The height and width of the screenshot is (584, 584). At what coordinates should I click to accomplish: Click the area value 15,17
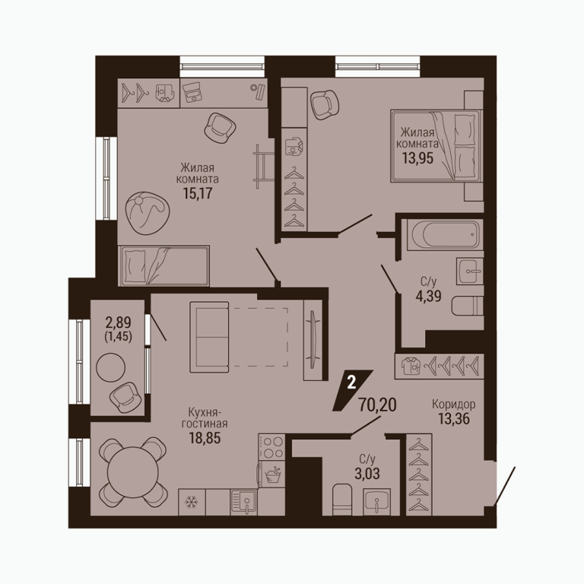tap(198, 193)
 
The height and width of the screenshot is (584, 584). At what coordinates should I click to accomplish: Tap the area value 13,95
tap(417, 158)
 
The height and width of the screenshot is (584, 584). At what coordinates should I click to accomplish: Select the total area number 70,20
tap(377, 405)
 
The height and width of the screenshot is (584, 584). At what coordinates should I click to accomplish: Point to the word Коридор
tap(454, 404)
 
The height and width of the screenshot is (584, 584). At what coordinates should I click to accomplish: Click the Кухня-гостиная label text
tap(205, 417)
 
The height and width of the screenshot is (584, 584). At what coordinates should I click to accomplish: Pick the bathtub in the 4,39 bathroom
tap(445, 234)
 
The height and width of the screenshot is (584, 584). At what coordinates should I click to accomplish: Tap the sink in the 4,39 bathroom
tap(470, 271)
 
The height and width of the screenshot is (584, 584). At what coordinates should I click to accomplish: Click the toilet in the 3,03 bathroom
tap(342, 500)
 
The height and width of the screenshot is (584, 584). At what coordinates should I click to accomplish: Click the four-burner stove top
tap(271, 446)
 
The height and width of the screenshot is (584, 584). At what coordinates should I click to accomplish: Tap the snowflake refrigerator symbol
tap(192, 502)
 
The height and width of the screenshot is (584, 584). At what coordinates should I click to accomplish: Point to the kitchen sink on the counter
tap(244, 502)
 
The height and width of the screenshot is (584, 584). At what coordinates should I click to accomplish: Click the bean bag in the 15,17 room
tap(147, 214)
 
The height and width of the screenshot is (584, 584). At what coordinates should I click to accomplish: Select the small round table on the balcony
tap(110, 367)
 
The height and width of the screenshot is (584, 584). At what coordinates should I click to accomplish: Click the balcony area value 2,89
tap(118, 322)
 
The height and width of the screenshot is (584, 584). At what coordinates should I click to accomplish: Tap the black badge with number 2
tap(352, 390)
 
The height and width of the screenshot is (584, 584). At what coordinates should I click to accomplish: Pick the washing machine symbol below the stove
tap(272, 474)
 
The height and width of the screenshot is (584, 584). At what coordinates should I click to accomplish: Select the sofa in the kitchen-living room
tap(209, 337)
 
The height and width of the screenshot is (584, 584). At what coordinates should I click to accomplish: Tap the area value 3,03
tap(367, 474)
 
